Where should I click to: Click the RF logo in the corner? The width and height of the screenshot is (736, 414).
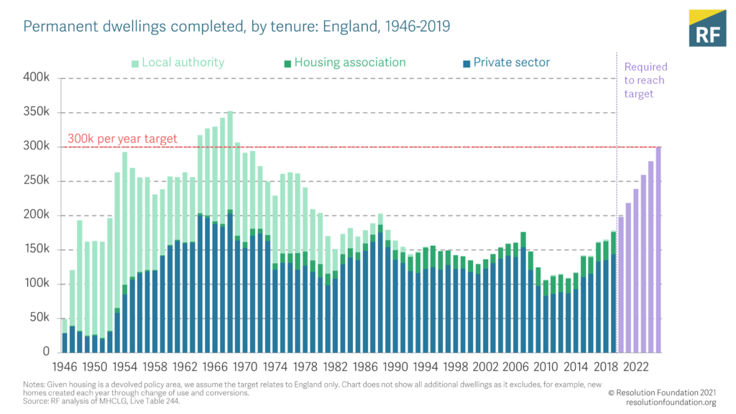coord(707,29)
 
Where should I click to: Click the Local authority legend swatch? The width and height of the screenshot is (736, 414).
coord(135,63)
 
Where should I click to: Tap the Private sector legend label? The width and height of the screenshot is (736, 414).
coord(511,63)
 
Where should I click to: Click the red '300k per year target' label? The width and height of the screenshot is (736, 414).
coord(122,139)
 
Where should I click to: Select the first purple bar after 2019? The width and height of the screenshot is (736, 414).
coord(622,284)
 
